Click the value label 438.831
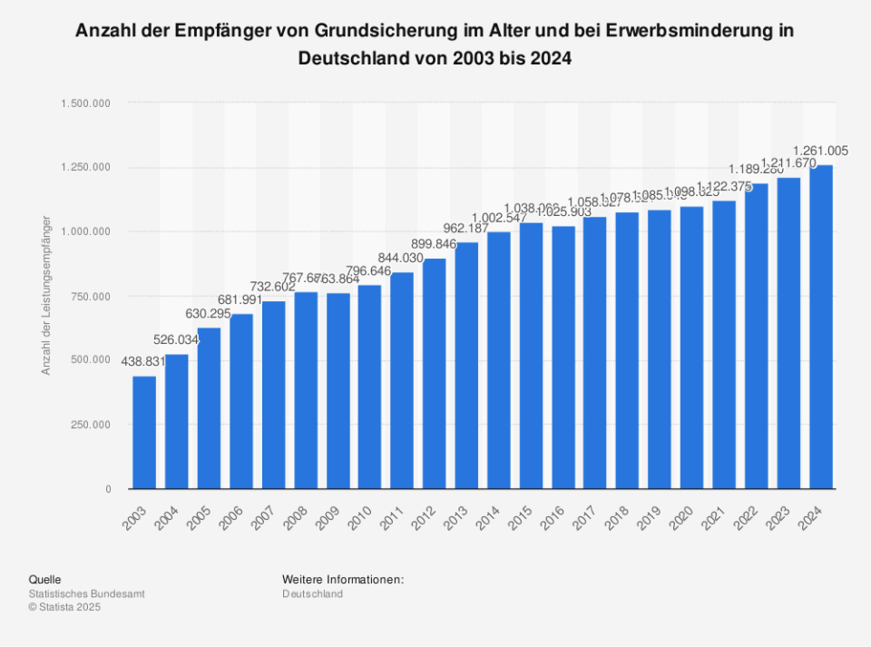pos(143,360)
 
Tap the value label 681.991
pos(240,299)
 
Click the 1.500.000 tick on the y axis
pos(86,103)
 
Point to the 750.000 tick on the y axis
pos(90,297)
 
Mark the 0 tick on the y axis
pos(108,489)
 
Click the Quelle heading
pos(45,579)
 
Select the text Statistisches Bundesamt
pos(86,593)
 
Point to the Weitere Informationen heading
pos(342,579)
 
